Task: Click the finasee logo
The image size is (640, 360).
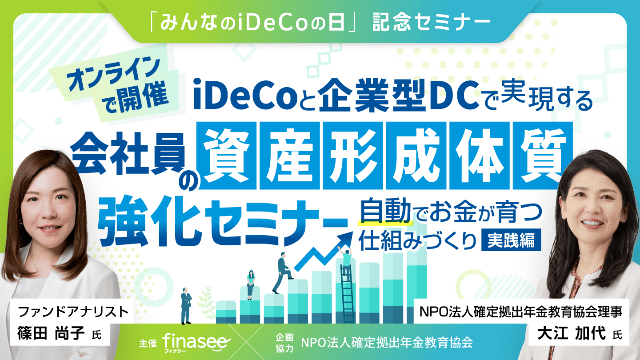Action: [196, 342]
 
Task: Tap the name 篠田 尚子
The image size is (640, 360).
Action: [51, 333]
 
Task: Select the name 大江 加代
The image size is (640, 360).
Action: [572, 333]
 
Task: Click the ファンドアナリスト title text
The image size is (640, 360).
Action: [73, 312]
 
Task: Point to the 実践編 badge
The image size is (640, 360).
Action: [511, 240]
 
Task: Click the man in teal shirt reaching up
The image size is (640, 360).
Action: [346, 261]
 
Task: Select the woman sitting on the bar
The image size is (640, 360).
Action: [251, 284]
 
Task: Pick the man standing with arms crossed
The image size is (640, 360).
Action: [186, 306]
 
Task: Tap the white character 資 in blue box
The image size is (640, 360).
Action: [227, 156]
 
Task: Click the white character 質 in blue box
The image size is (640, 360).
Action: [543, 156]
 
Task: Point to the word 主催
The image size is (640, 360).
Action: [148, 343]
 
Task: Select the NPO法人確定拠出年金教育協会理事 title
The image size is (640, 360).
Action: [520, 312]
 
